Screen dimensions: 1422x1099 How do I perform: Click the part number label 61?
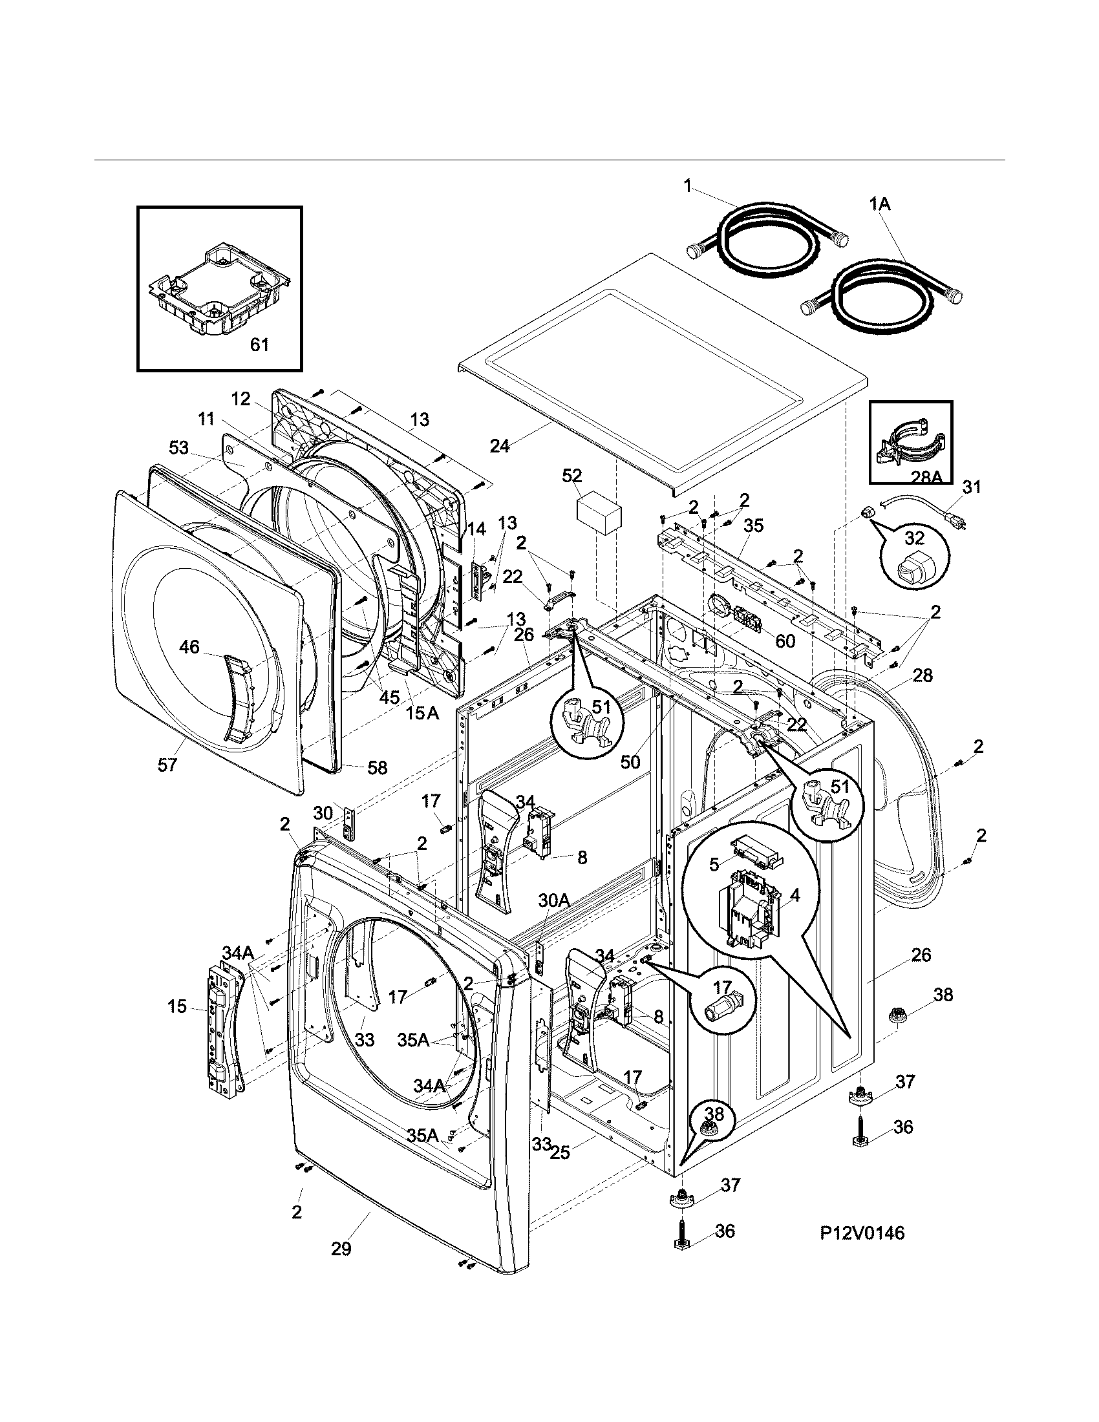(x=259, y=345)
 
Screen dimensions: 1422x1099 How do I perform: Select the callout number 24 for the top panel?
(x=499, y=446)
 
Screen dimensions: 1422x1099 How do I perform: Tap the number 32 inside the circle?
(x=914, y=538)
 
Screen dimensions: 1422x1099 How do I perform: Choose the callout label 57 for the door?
(x=167, y=765)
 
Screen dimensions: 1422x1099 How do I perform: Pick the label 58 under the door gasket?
(x=377, y=769)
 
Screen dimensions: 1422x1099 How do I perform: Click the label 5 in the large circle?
(x=714, y=865)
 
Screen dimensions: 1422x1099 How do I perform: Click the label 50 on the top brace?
(x=630, y=762)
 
